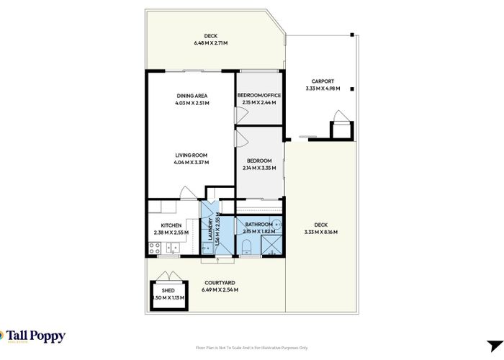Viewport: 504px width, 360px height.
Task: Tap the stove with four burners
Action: (x=153, y=248)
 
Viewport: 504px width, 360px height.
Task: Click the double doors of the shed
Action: (x=167, y=276)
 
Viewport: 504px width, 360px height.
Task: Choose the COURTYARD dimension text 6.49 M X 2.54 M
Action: (x=220, y=289)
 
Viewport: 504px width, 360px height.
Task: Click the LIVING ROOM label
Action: (x=191, y=155)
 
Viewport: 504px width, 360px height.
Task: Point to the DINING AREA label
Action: (x=192, y=96)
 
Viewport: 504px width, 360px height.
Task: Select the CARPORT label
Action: (x=322, y=81)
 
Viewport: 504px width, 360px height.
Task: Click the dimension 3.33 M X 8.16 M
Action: (x=321, y=232)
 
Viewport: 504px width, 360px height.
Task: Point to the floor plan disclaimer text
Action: (x=251, y=348)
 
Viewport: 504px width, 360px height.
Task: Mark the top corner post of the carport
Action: (x=352, y=35)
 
